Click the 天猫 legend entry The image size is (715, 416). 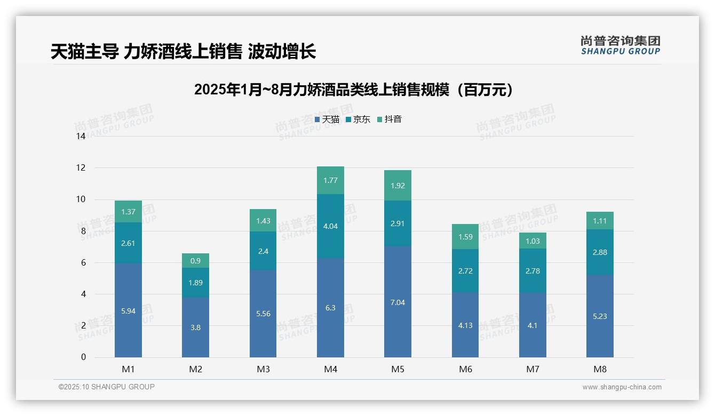tap(327, 119)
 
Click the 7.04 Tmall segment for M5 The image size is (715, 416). tap(398, 302)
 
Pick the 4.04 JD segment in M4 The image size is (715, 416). tap(330, 226)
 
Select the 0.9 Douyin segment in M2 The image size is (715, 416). tap(195, 260)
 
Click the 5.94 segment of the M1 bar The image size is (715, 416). tap(128, 310)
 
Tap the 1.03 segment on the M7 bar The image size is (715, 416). tap(533, 241)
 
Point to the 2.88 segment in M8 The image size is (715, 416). tap(600, 252)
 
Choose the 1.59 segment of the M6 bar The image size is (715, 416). tap(465, 237)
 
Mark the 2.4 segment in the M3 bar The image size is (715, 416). tap(263, 251)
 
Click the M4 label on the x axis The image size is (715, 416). tap(330, 369)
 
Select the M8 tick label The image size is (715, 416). tap(600, 369)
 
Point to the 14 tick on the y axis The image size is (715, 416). tap(81, 136)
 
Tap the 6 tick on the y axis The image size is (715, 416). tap(83, 262)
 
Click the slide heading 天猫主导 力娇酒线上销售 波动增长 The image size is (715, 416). tap(183, 52)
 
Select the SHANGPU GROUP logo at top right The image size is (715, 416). tap(620, 45)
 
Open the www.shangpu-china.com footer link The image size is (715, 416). tap(622, 387)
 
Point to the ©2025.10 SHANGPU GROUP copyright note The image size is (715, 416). tap(107, 387)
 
